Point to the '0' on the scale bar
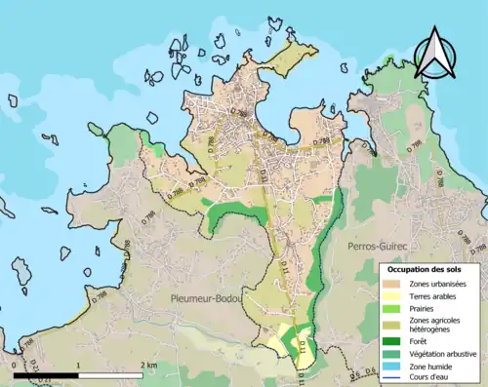click(x=14, y=365)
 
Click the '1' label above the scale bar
click(x=77, y=365)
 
